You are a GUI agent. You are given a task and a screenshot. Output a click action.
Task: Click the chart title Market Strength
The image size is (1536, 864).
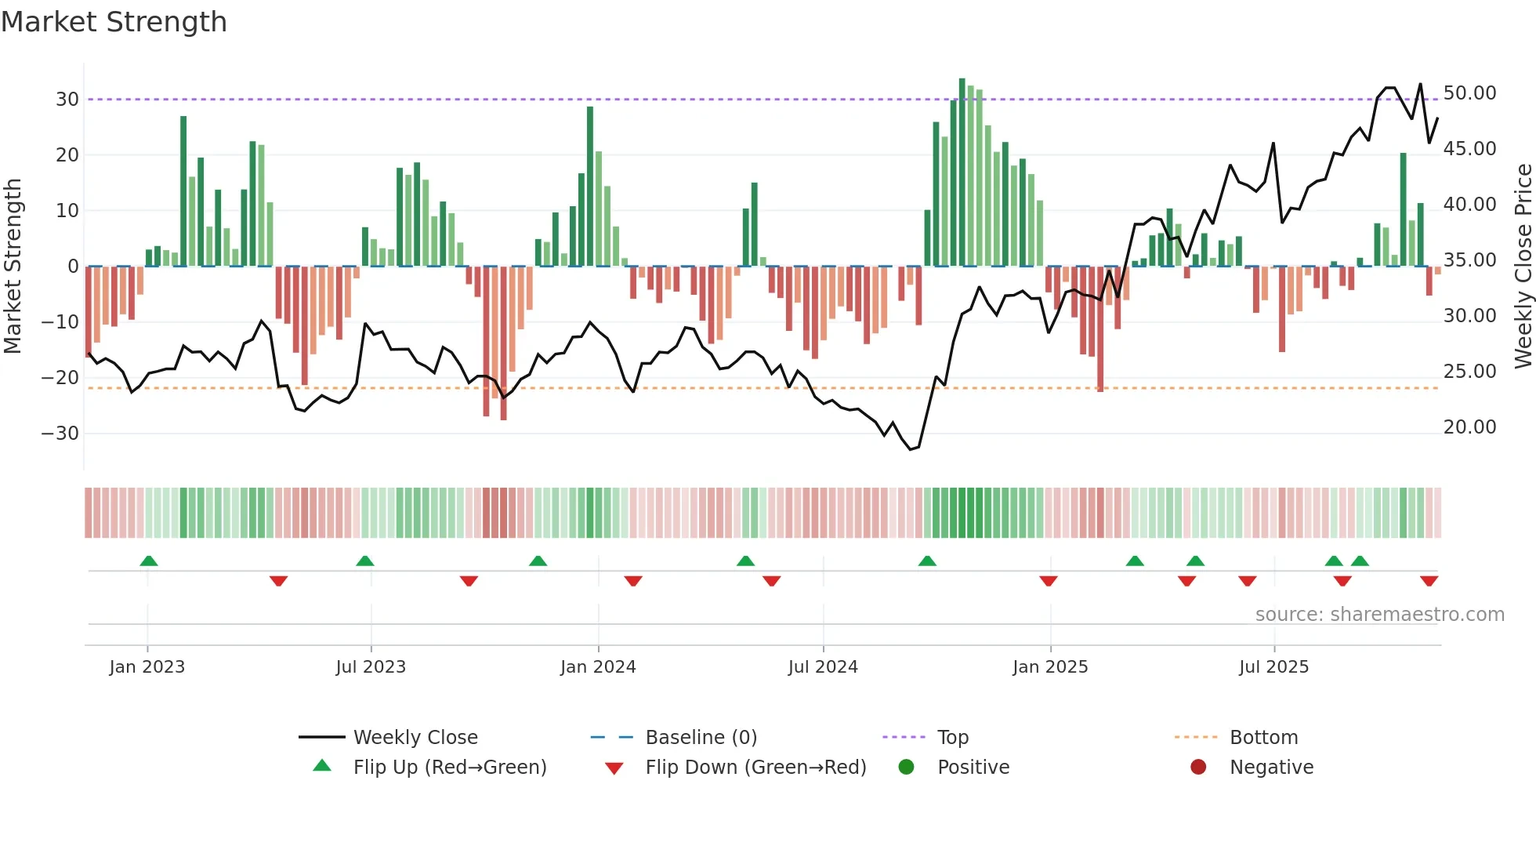click(x=114, y=22)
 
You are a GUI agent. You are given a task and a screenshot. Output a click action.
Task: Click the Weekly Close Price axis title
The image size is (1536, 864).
click(x=1523, y=266)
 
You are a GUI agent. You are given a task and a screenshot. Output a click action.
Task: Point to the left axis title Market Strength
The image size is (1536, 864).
click(x=13, y=266)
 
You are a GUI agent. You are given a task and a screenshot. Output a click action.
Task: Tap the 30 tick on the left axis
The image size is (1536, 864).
click(x=67, y=100)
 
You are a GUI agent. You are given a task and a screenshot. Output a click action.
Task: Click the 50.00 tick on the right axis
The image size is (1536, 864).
click(x=1469, y=93)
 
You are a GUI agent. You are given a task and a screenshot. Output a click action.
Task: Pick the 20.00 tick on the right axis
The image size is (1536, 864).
click(x=1469, y=427)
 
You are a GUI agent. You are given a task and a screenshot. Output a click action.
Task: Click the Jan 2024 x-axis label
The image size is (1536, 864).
click(x=598, y=667)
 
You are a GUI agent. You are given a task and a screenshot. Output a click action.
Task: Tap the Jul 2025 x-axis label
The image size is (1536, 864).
click(x=1273, y=667)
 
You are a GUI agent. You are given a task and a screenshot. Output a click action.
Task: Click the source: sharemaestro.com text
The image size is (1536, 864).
click(x=1379, y=615)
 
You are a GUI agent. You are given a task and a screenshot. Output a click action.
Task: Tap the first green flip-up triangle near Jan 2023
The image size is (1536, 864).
click(x=149, y=561)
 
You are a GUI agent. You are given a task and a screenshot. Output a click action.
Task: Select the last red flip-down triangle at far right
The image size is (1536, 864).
click(x=1429, y=581)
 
